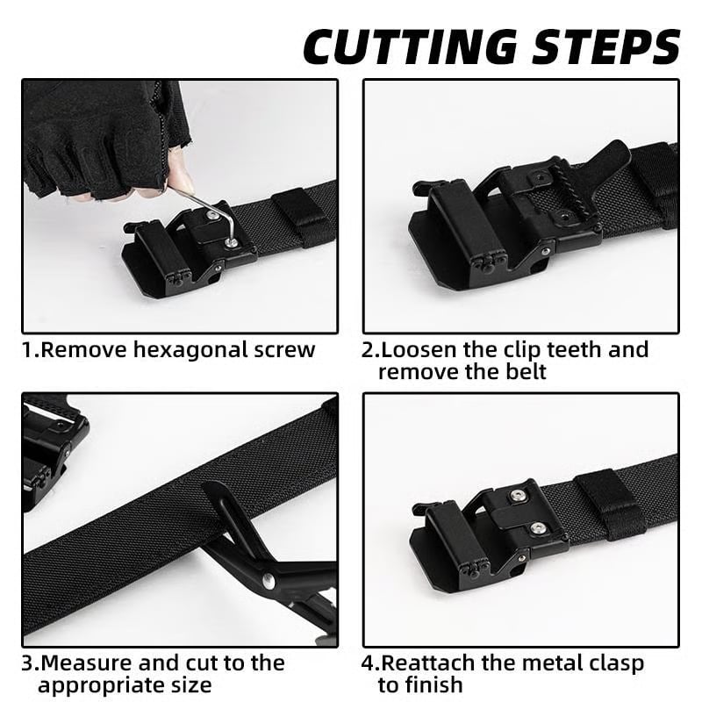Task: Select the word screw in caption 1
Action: (283, 350)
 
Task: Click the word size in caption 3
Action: (190, 684)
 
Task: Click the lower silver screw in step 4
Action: (536, 528)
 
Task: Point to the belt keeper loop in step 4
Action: (611, 505)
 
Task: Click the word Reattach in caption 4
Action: (432, 663)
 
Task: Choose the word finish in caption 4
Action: (435, 684)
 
